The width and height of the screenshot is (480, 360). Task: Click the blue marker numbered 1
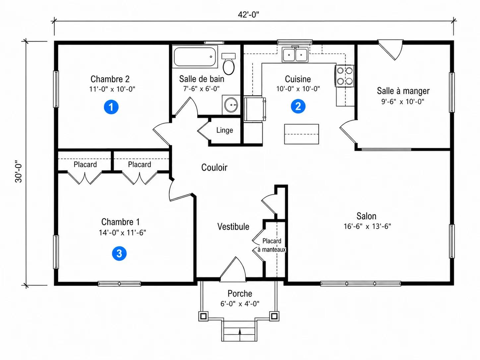tap(111, 107)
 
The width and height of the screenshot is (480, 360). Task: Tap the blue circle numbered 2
tap(298, 106)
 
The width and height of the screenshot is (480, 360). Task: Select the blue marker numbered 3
tap(119, 253)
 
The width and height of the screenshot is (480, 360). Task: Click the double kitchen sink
tap(295, 55)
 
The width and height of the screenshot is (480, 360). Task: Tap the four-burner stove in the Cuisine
tap(344, 76)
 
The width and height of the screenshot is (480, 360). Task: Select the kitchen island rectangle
tap(301, 134)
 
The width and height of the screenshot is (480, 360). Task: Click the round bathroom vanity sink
tap(231, 105)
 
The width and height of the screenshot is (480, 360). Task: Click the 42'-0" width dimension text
tap(248, 15)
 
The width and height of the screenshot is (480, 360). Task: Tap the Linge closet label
tap(224, 130)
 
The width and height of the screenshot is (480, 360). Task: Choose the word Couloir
tap(214, 167)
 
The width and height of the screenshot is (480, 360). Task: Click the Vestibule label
tap(233, 226)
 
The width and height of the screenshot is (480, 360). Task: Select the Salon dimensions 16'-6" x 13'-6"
tap(367, 226)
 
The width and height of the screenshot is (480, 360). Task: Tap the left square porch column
tap(204, 316)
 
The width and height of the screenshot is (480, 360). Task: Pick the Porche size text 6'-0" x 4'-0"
tap(240, 304)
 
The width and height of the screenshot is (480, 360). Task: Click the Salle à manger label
tap(403, 91)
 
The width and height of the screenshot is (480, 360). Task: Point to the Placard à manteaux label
tap(271, 245)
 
